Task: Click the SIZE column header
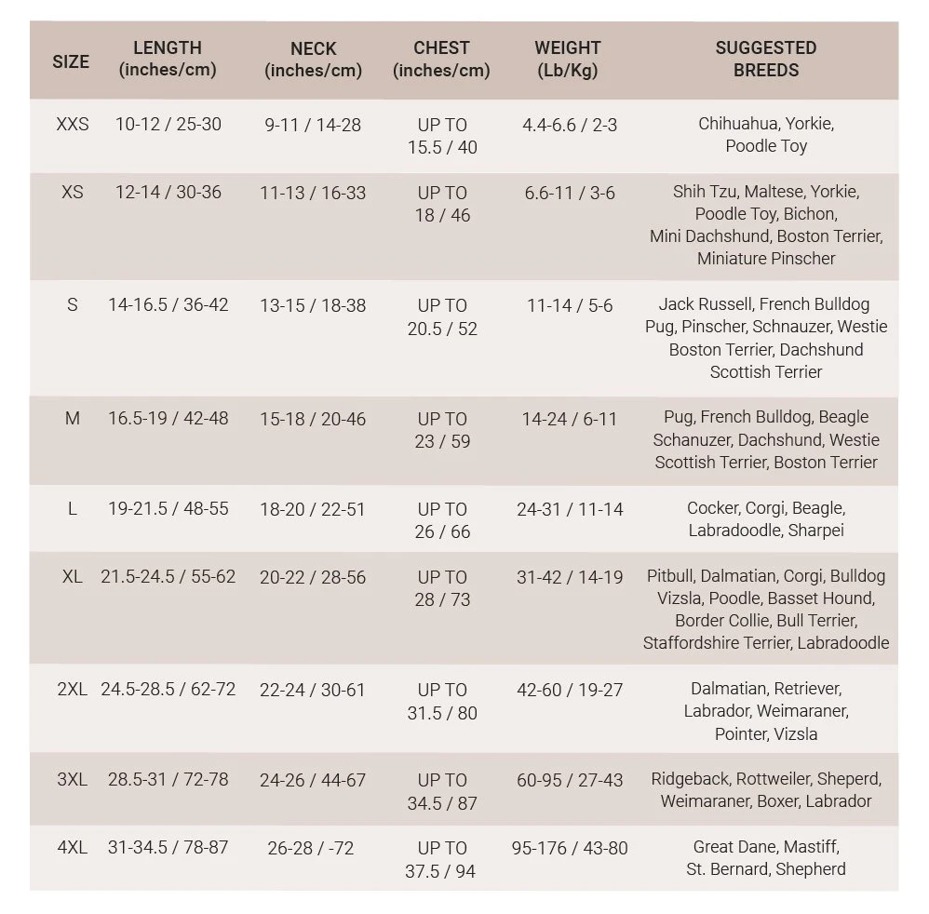[x=71, y=61]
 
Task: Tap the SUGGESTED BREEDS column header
[x=765, y=59]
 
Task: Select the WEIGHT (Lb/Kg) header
[x=568, y=59]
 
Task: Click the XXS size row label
[x=73, y=124]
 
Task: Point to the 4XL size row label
[x=73, y=848]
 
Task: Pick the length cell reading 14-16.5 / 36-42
[x=168, y=304]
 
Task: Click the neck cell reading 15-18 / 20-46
[x=313, y=419]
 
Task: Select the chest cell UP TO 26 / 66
[x=442, y=520]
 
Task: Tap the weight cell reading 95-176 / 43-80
[x=570, y=848]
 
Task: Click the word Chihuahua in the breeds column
[x=739, y=124]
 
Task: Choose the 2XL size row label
[x=73, y=690]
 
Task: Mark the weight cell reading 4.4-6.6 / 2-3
[x=570, y=124]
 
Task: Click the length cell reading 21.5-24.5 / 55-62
[x=168, y=577]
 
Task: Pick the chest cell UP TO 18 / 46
[x=442, y=204]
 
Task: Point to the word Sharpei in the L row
[x=815, y=531]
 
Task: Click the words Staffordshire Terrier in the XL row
[x=717, y=643]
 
